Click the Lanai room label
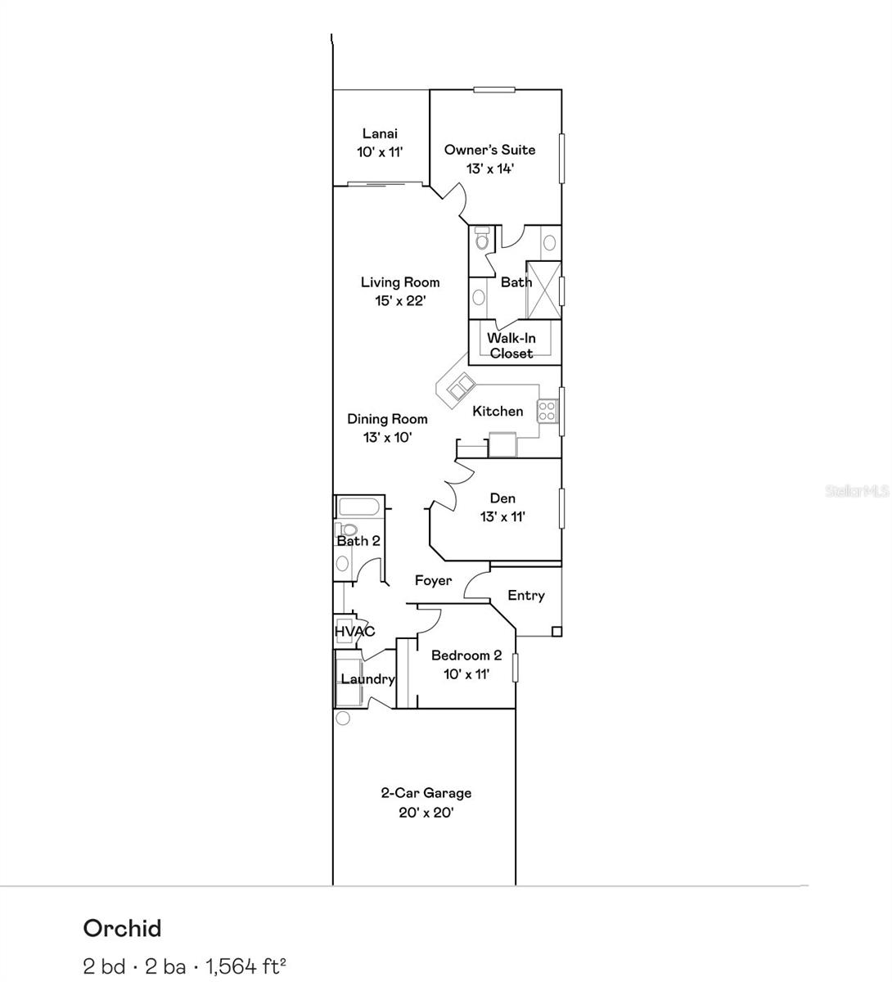pos(380,133)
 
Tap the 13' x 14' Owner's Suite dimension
pos(489,169)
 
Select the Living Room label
pos(400,282)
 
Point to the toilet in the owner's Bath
pos(482,238)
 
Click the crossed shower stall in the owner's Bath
pos(543,290)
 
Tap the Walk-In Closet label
pos(511,345)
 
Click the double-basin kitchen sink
pos(460,386)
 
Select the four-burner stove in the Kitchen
pos(547,411)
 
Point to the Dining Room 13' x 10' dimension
pos(387,437)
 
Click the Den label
pos(502,498)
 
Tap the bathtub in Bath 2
pos(358,507)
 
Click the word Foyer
pos(433,580)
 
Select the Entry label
pos(526,595)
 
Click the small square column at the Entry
pos(556,631)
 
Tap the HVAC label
pos(354,631)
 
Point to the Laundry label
pos(367,679)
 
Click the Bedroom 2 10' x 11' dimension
pos(466,674)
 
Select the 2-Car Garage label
pos(426,792)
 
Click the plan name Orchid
pos(122,928)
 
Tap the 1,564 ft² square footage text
pos(246,966)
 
